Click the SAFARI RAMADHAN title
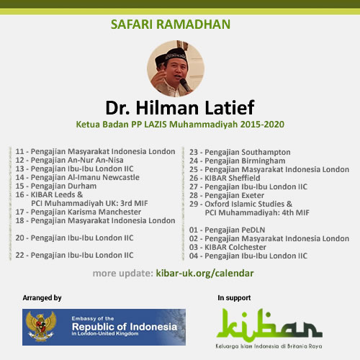(171, 24)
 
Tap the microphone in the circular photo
(185, 85)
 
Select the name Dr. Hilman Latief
(180, 108)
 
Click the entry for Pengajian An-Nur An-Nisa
(69, 160)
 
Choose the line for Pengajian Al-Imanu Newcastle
(77, 177)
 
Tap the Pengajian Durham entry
(56, 186)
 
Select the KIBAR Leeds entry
(49, 194)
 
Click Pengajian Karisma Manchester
(78, 212)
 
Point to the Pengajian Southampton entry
(240, 152)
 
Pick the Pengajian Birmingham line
(238, 161)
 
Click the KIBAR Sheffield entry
(225, 178)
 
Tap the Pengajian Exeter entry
(227, 195)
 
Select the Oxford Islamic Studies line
(240, 204)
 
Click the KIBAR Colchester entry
(228, 247)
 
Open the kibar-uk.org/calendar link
(204, 274)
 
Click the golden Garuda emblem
(41, 326)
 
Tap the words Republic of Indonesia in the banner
(125, 327)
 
